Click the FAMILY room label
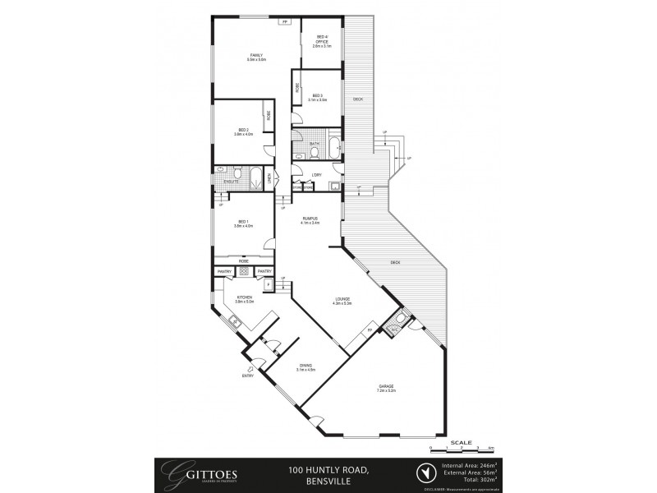coord(256,57)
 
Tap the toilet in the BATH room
coord(315,151)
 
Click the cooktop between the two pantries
coord(244,271)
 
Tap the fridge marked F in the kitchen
coord(268,284)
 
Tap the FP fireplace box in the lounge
coord(370,329)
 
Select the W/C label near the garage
coord(393,329)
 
